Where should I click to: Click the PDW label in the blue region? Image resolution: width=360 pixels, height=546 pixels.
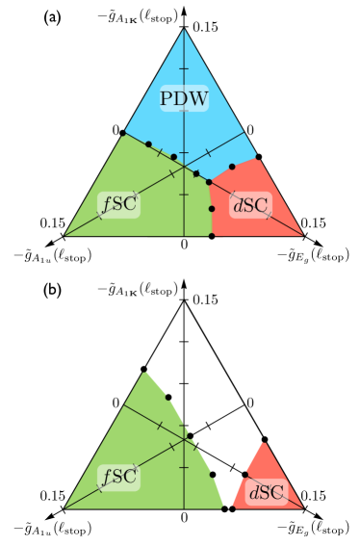(x=184, y=98)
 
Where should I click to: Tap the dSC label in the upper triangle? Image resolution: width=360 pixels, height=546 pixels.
(x=250, y=205)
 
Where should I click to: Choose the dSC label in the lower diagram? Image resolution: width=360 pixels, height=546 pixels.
(x=266, y=493)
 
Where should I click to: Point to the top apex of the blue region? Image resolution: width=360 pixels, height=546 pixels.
(x=184, y=29)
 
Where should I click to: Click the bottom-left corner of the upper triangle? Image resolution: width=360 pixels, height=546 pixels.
(x=64, y=235)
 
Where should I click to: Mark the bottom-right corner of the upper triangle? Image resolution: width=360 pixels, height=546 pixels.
(x=303, y=235)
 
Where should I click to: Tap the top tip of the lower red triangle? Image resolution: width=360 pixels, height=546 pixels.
(x=263, y=442)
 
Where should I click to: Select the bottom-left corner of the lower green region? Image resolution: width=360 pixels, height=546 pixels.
(x=64, y=507)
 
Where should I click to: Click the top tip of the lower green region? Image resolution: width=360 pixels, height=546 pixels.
(x=144, y=371)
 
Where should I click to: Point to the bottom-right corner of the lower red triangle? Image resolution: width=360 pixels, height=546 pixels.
(x=303, y=507)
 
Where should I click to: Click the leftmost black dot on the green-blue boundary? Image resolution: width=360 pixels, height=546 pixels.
(x=148, y=144)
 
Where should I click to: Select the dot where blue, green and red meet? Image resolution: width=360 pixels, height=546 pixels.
(x=209, y=181)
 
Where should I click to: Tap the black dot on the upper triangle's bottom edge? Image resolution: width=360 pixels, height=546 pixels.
(x=212, y=235)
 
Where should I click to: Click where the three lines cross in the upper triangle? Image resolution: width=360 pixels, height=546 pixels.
(x=184, y=167)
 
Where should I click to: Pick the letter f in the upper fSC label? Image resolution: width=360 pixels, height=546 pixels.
(x=106, y=204)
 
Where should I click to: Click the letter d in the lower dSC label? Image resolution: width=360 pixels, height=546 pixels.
(x=253, y=493)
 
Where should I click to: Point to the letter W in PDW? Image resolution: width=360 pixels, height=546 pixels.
(x=198, y=98)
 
